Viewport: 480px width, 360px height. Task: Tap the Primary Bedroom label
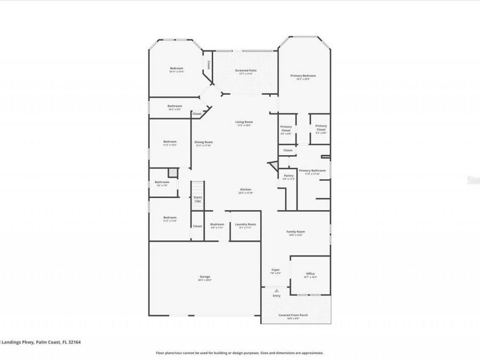(303, 76)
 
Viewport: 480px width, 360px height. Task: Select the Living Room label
(244, 122)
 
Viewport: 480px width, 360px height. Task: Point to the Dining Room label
(203, 142)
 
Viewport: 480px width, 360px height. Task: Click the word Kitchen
(245, 189)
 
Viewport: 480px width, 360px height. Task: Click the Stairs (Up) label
(197, 199)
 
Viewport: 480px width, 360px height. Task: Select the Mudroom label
(217, 224)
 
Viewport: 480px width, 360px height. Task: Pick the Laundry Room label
(245, 224)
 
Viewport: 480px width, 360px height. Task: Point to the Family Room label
(295, 231)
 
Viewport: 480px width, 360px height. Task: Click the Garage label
(205, 276)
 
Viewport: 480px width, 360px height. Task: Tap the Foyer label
(275, 270)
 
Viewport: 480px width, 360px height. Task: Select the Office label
(310, 274)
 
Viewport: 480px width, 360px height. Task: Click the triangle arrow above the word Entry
(276, 290)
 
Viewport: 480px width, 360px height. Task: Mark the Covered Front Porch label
(293, 315)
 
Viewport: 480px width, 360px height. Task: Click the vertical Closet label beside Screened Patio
(209, 66)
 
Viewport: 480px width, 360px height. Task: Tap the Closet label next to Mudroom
(197, 226)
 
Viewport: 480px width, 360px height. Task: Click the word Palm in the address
(41, 342)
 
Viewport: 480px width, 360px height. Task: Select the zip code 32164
(74, 342)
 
